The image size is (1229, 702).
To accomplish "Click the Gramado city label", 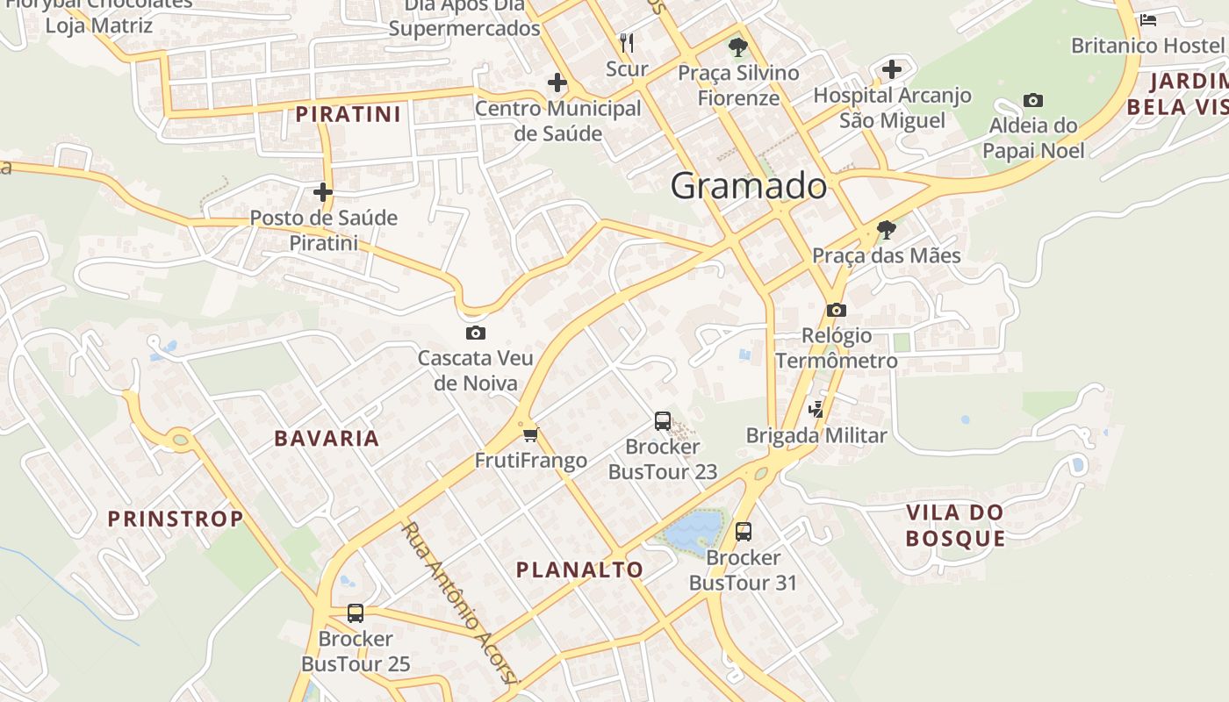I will (x=748, y=186).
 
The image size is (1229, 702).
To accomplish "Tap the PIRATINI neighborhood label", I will (x=348, y=114).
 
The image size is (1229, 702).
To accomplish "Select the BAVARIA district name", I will (x=327, y=439).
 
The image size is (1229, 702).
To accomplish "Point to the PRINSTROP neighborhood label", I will (x=176, y=519).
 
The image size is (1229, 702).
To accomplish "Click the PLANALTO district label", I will (x=579, y=569).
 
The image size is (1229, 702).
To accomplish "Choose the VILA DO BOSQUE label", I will (x=955, y=525).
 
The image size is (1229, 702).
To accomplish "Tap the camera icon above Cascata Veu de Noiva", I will (x=476, y=333).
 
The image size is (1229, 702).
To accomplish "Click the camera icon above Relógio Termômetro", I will (x=836, y=310).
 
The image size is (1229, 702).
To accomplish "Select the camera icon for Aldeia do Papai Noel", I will (x=1033, y=101).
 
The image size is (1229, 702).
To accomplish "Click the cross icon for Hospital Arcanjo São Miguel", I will (x=892, y=69).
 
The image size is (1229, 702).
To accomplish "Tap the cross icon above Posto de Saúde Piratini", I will (x=323, y=192).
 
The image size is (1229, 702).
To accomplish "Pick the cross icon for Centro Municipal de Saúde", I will (x=557, y=83).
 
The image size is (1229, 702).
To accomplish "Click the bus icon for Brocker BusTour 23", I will (x=663, y=421).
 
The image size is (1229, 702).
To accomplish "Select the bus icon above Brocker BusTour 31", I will (x=744, y=532).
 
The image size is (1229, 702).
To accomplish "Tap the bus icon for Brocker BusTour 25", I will (x=356, y=613).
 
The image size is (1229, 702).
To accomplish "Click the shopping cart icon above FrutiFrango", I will (x=530, y=434).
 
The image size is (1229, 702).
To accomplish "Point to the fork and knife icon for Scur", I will (x=627, y=42).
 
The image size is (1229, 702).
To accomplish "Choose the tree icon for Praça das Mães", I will (x=887, y=230).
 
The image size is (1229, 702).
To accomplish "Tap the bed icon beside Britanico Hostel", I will (x=1147, y=20).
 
